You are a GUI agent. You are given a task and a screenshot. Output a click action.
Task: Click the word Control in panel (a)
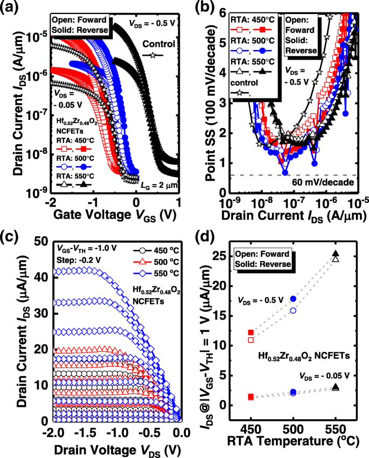pyautogui.click(x=159, y=44)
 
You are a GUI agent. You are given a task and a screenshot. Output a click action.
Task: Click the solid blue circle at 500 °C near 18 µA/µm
pyautogui.click(x=294, y=299)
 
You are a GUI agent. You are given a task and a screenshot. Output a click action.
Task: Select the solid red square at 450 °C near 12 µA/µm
pyautogui.click(x=250, y=333)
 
